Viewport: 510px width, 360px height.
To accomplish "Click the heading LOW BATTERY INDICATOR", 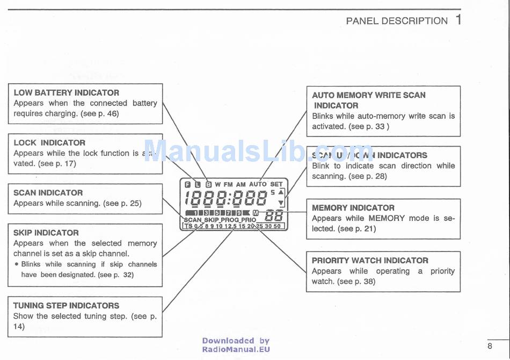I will pyautogui.click(x=67, y=92).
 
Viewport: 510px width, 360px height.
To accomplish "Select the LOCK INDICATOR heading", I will pyautogui.click(x=49, y=142).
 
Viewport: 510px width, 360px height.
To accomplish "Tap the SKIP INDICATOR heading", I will pyautogui.click(x=46, y=233).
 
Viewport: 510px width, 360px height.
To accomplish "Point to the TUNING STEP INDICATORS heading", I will pyautogui.click(x=66, y=305).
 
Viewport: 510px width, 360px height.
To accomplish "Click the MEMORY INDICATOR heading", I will pyautogui.click(x=353, y=207).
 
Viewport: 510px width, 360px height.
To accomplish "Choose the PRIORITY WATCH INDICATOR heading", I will pyautogui.click(x=370, y=260).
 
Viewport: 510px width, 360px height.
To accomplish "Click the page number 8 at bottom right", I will pyautogui.click(x=490, y=345).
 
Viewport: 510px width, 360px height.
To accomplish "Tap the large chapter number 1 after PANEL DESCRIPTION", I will pyautogui.click(x=458, y=20).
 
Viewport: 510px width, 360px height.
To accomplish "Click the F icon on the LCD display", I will pyautogui.click(x=187, y=184).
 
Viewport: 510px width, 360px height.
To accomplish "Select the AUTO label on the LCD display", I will pyautogui.click(x=258, y=184).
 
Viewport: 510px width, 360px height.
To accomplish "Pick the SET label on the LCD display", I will pyautogui.click(x=276, y=184).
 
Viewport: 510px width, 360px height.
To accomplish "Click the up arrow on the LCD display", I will pyautogui.click(x=281, y=192).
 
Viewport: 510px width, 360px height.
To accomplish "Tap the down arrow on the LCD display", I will pyautogui.click(x=281, y=203).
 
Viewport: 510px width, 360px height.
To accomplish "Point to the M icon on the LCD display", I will pyautogui.click(x=256, y=213).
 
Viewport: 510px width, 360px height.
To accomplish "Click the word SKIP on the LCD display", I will pyautogui.click(x=211, y=220).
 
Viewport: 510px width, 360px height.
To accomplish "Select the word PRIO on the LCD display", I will pyautogui.click(x=249, y=220).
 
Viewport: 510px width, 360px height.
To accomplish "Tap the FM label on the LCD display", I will pyautogui.click(x=228, y=184).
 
